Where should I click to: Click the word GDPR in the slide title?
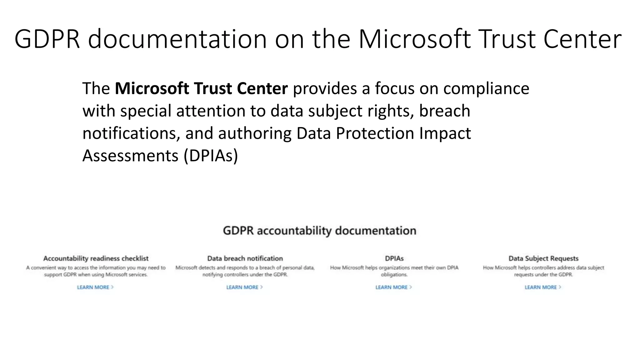point(47,39)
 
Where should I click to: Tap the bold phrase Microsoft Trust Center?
point(201,88)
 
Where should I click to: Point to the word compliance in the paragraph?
point(486,88)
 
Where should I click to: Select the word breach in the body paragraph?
point(444,111)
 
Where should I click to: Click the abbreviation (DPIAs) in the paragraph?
point(211,156)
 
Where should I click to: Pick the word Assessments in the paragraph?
point(130,156)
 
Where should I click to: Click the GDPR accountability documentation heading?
point(319,231)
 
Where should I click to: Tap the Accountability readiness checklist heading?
point(96,258)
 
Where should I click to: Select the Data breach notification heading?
point(245,258)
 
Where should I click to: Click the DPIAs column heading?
point(394,258)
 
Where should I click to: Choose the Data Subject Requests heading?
point(543,258)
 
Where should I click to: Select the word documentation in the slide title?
point(177,39)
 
